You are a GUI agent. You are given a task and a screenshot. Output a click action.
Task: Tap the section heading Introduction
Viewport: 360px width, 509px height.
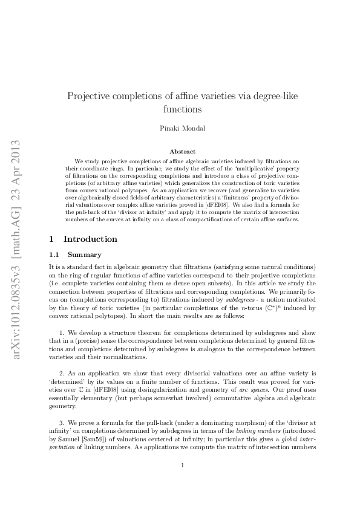pos(91,239)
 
